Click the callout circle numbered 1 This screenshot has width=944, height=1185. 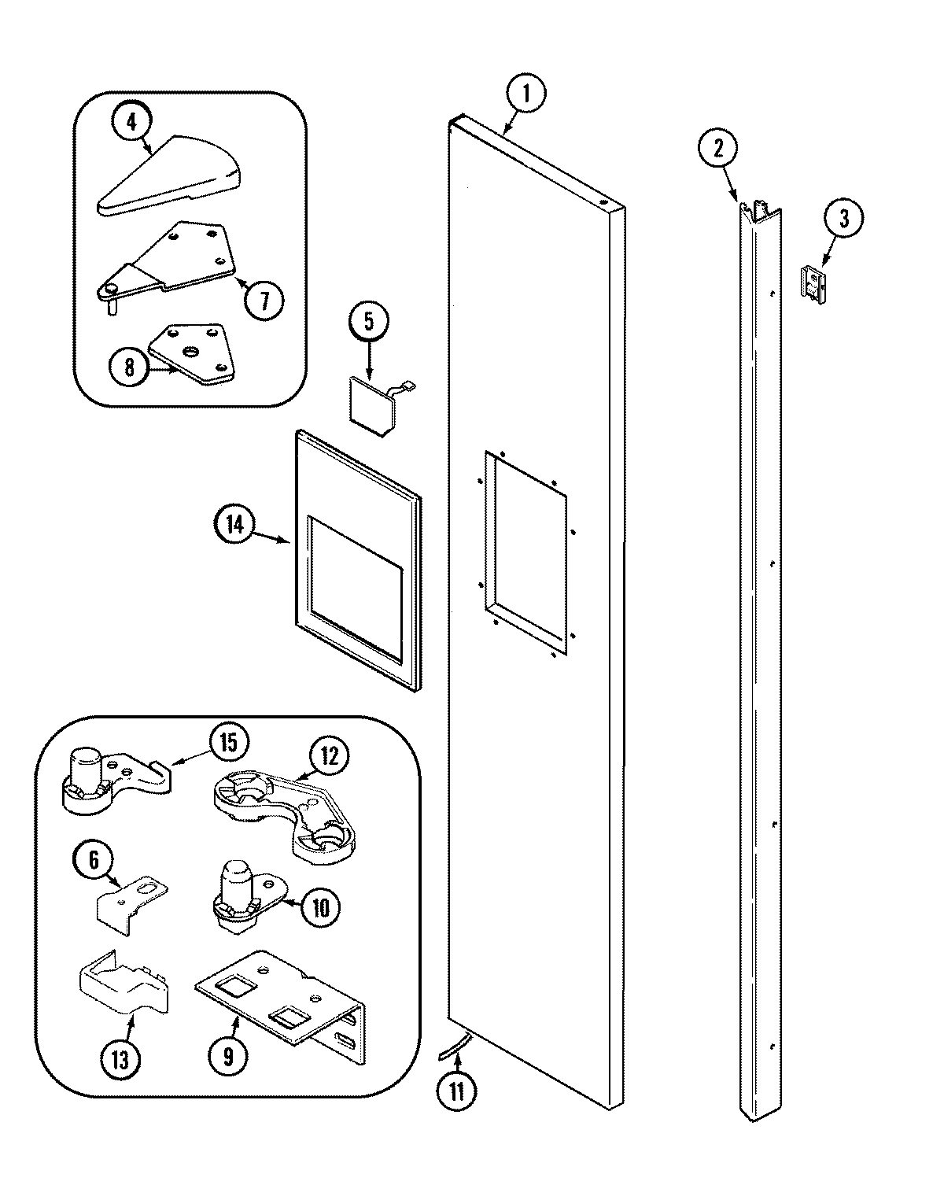click(525, 94)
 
